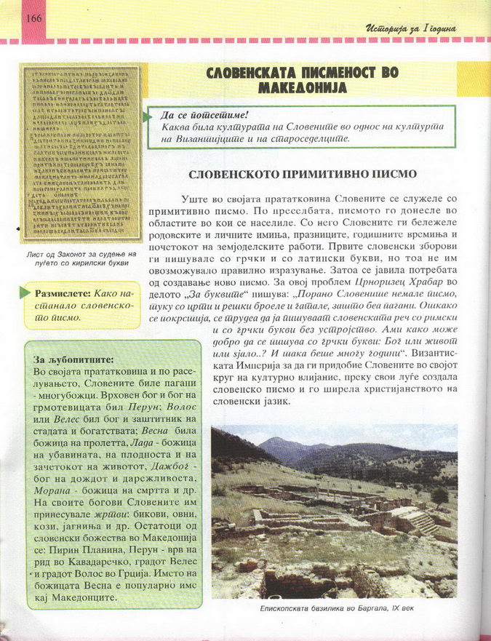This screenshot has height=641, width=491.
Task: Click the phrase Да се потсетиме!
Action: (x=205, y=115)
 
